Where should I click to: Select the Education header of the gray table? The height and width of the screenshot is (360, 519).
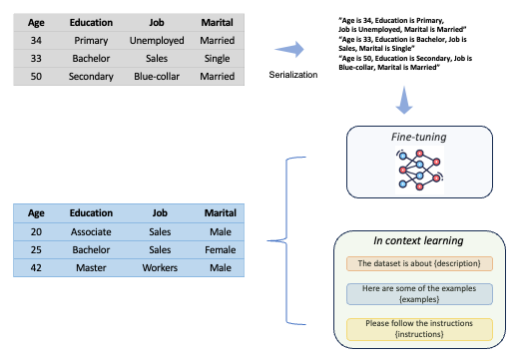pos(91,21)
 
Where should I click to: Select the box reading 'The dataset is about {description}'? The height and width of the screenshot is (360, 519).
pos(419,263)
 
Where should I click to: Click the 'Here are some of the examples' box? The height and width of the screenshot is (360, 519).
pos(419,294)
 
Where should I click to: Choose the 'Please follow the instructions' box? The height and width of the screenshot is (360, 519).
pos(419,328)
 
